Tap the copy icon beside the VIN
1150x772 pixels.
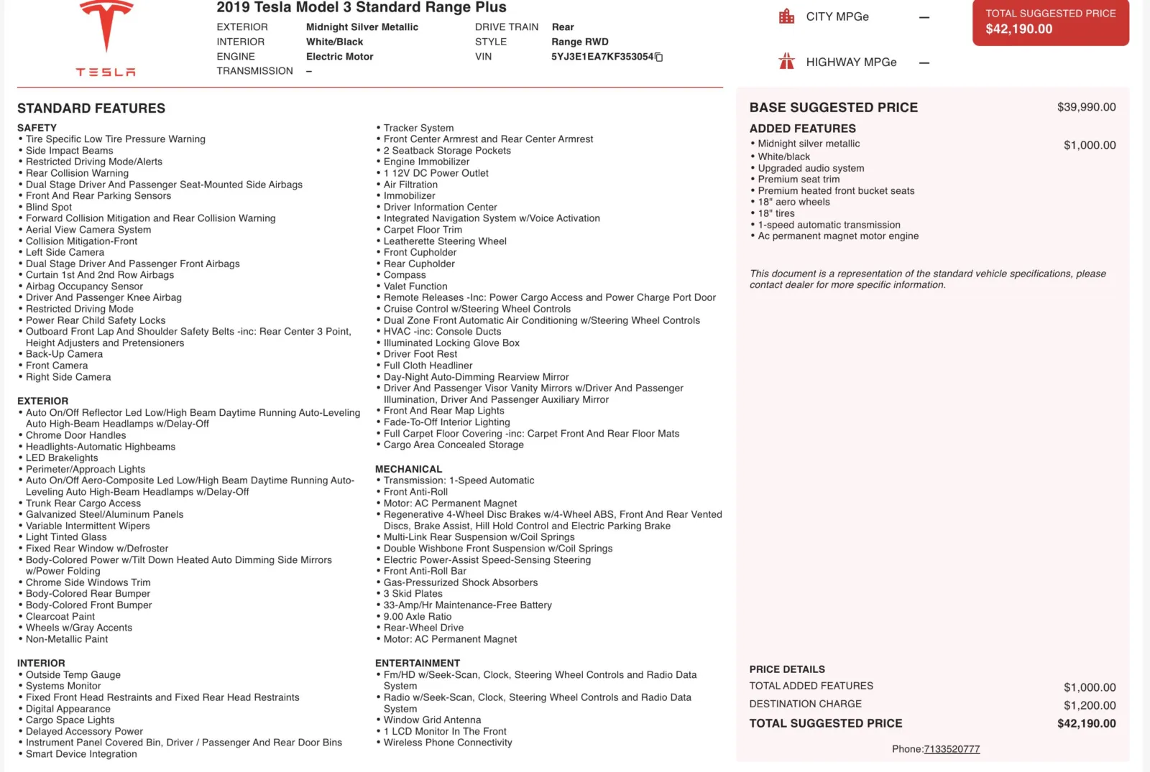pyautogui.click(x=659, y=57)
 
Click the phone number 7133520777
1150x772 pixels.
pyautogui.click(x=952, y=749)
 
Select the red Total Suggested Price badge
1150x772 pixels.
pyautogui.click(x=1050, y=22)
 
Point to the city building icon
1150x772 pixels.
pyautogui.click(x=787, y=17)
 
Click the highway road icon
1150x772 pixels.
pyautogui.click(x=787, y=62)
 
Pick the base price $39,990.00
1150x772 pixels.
pyautogui.click(x=1086, y=107)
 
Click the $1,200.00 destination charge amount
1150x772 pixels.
pyautogui.click(x=1090, y=705)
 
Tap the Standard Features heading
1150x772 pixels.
pyautogui.click(x=91, y=108)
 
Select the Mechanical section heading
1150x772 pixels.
pyautogui.click(x=408, y=469)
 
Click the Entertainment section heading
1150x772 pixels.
pyautogui.click(x=417, y=663)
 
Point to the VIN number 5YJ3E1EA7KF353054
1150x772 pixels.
pyautogui.click(x=602, y=57)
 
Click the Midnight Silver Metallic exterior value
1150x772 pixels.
pyautogui.click(x=362, y=27)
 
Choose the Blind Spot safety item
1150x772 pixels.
pyautogui.click(x=49, y=207)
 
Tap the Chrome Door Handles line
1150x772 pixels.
pyautogui.click(x=75, y=435)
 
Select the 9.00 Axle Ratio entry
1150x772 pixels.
pyautogui.click(x=417, y=616)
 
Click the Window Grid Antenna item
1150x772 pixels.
pyautogui.click(x=432, y=720)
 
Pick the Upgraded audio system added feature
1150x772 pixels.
pyautogui.click(x=811, y=168)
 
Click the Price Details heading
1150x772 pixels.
pyautogui.click(x=787, y=669)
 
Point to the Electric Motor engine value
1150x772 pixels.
pyautogui.click(x=339, y=57)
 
